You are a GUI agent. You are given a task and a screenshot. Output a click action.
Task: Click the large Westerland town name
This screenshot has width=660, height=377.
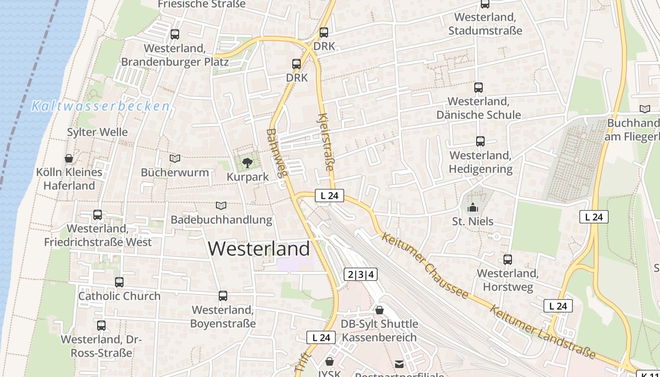259,248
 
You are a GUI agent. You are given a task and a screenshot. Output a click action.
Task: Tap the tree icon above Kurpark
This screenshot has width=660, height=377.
247,163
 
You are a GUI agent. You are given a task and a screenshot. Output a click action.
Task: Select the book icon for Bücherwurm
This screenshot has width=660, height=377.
175,159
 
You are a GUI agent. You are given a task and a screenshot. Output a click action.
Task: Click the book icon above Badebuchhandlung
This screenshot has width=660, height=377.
221,205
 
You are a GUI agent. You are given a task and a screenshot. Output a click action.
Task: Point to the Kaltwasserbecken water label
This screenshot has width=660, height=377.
100,107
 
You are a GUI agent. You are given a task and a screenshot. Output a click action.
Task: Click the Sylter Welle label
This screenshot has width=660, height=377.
98,132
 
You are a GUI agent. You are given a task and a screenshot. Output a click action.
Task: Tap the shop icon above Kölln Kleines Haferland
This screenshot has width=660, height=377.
69,158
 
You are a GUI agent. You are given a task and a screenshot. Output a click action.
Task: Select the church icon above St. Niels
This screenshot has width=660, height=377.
472,207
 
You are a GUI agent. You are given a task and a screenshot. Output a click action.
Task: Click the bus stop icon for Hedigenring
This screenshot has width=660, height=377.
480,141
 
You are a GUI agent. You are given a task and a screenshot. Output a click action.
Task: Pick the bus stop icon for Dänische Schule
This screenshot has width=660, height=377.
478,87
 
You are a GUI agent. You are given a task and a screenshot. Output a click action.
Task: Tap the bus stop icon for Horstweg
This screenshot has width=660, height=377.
507,259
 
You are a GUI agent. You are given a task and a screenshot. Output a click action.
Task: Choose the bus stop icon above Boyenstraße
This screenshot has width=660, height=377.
223,296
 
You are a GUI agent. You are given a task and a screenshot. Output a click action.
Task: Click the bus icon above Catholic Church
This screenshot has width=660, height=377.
119,282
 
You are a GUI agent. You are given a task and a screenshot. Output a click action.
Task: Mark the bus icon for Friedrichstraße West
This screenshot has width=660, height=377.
98,215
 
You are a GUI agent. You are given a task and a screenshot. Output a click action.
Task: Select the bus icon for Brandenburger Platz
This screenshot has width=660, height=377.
174,34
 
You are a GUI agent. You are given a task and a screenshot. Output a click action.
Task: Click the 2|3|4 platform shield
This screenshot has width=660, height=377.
361,274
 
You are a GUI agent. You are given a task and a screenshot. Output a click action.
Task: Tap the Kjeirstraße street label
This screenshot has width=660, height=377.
326,142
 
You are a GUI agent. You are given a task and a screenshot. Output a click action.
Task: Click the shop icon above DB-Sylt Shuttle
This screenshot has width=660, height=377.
379,310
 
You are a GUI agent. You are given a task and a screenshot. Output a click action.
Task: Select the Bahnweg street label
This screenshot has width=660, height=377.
277,153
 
